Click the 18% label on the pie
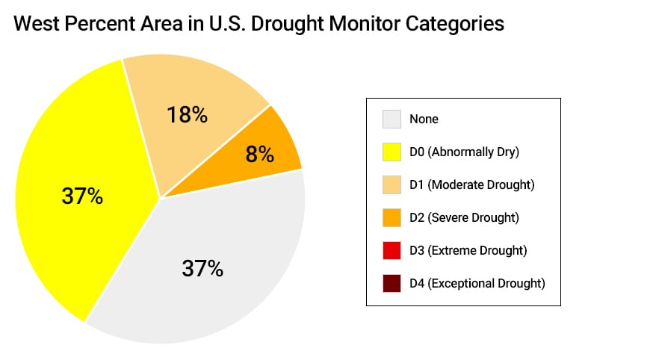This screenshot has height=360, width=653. (186, 115)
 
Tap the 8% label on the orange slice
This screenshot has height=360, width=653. (259, 155)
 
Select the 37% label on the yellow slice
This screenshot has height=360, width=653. (82, 196)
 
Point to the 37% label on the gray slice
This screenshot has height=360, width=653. (202, 268)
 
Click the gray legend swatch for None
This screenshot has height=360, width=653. (392, 119)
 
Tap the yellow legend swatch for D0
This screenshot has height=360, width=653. (392, 152)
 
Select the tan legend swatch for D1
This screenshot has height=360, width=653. (392, 184)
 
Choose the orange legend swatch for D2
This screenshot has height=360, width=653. (392, 217)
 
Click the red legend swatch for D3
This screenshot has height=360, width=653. (392, 250)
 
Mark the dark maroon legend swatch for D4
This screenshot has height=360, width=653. (392, 283)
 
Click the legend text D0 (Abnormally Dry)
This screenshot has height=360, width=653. (464, 152)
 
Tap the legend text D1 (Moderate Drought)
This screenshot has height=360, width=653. (471, 184)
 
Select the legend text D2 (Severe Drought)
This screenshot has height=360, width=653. (463, 217)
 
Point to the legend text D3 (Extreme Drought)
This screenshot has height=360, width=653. (468, 250)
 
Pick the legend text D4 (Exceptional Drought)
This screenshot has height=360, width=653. (477, 283)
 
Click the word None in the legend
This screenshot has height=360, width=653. (424, 119)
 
